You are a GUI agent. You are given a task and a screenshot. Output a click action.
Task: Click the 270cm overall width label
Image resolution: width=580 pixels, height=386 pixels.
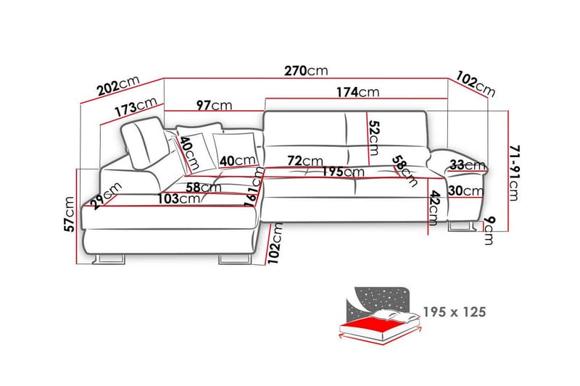click(x=306, y=70)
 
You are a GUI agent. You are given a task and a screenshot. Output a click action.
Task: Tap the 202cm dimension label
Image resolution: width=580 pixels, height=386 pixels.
click(x=118, y=86)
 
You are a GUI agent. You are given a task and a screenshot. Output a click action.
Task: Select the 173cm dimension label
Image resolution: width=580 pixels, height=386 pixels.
click(x=136, y=107)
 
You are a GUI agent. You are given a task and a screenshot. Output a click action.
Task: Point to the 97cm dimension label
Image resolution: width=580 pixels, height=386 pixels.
click(x=214, y=105)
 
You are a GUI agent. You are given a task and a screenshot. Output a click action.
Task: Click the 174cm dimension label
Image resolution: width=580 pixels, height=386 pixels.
click(x=357, y=92)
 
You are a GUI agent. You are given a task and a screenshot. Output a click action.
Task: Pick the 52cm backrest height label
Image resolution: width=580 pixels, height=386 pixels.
click(x=374, y=138)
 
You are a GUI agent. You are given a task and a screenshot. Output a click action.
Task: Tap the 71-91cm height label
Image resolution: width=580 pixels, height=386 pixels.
click(x=514, y=173)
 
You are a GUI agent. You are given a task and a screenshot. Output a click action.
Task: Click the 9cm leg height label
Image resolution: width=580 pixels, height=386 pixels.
click(x=489, y=230)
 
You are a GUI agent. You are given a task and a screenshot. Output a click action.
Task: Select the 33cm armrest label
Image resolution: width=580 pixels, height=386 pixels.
click(x=468, y=165)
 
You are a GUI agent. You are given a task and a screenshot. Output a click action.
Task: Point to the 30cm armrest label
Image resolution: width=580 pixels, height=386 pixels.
click(x=465, y=191)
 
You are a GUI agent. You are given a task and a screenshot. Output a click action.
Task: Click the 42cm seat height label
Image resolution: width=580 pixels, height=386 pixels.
click(x=434, y=208)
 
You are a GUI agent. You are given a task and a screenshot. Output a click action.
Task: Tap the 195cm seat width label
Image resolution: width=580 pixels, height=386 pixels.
click(x=342, y=172)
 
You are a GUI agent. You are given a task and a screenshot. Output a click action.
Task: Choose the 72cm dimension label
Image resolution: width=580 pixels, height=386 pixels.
click(x=305, y=161)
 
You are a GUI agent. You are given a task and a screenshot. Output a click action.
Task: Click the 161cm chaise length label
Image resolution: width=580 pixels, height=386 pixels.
click(x=254, y=187)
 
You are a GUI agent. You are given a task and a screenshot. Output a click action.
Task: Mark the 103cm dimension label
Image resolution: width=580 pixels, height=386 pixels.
click(x=179, y=198)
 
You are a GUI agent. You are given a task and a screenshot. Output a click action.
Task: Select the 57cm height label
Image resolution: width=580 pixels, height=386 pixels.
click(x=69, y=214)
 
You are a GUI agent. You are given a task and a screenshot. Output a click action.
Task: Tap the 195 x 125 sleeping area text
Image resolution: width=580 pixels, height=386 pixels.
click(x=455, y=312)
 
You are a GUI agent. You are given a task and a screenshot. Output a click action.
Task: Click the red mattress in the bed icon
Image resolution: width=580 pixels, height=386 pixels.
click(x=378, y=325)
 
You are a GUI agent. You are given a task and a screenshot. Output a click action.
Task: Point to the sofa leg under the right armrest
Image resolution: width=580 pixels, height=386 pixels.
click(x=461, y=226)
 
